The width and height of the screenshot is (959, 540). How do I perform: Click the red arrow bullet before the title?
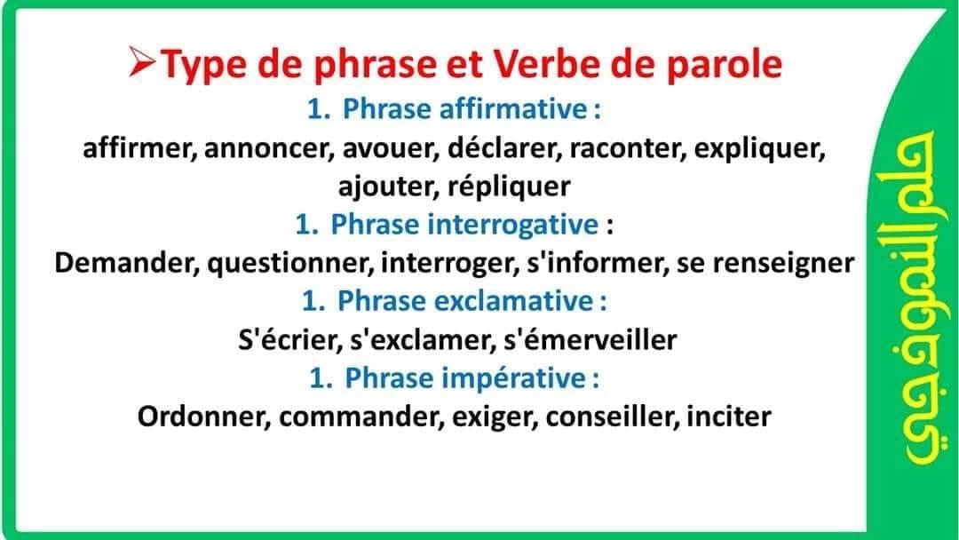pos(143,62)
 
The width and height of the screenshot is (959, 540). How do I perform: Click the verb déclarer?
pos(504,147)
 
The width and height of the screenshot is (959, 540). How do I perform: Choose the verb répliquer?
pos(509,187)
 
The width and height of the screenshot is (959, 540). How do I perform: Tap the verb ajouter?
pos(388,187)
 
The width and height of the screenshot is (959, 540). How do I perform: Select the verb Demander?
pos(127,263)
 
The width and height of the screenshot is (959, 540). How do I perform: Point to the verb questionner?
pos(290,264)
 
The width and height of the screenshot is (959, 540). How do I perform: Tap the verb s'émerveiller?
pos(590,339)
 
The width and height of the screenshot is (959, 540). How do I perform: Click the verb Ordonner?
pos(204,417)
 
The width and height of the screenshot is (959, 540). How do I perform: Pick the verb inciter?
pos(728,417)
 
